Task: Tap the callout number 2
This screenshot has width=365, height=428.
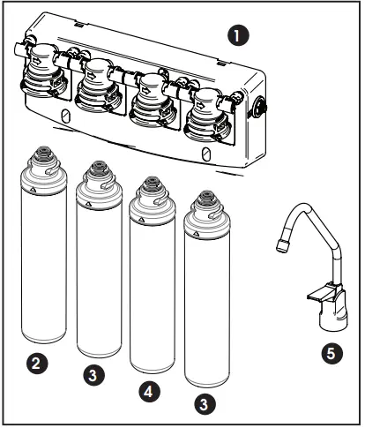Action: tap(35, 362)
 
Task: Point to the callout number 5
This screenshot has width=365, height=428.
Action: tap(329, 353)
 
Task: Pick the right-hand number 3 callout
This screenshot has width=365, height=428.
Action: tap(205, 404)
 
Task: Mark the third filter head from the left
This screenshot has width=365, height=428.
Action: tap(153, 100)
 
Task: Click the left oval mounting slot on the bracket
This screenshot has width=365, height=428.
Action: tap(65, 116)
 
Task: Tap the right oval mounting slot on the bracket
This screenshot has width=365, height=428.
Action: tap(205, 154)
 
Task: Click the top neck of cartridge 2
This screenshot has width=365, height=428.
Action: tap(42, 160)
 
